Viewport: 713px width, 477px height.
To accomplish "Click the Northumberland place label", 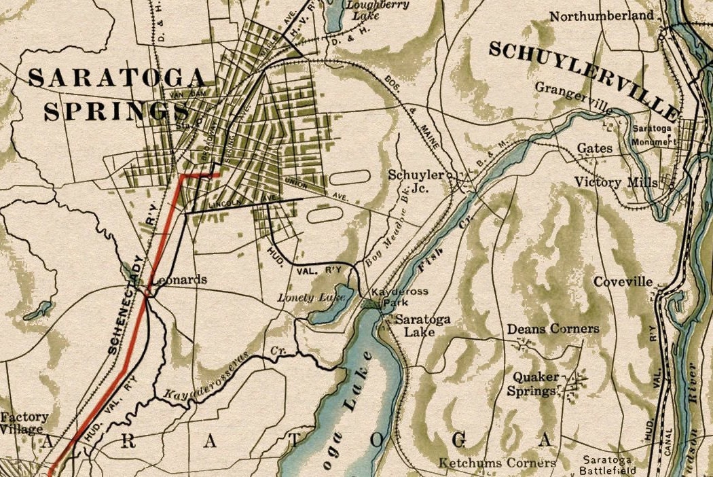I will (x=602, y=16).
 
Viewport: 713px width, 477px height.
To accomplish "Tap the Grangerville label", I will (x=573, y=88).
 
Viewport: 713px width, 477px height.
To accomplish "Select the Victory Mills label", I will (x=616, y=182).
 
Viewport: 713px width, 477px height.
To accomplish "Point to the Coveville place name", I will (x=623, y=282).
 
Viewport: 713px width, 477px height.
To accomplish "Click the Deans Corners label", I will (x=553, y=329).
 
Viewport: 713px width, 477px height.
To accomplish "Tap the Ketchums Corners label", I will (x=497, y=463).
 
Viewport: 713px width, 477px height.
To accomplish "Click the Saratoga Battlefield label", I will (x=608, y=465).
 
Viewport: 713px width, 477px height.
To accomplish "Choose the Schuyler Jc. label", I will (x=416, y=181).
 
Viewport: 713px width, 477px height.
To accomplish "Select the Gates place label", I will (x=594, y=147).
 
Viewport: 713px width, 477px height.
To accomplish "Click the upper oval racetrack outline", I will (x=350, y=178).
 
